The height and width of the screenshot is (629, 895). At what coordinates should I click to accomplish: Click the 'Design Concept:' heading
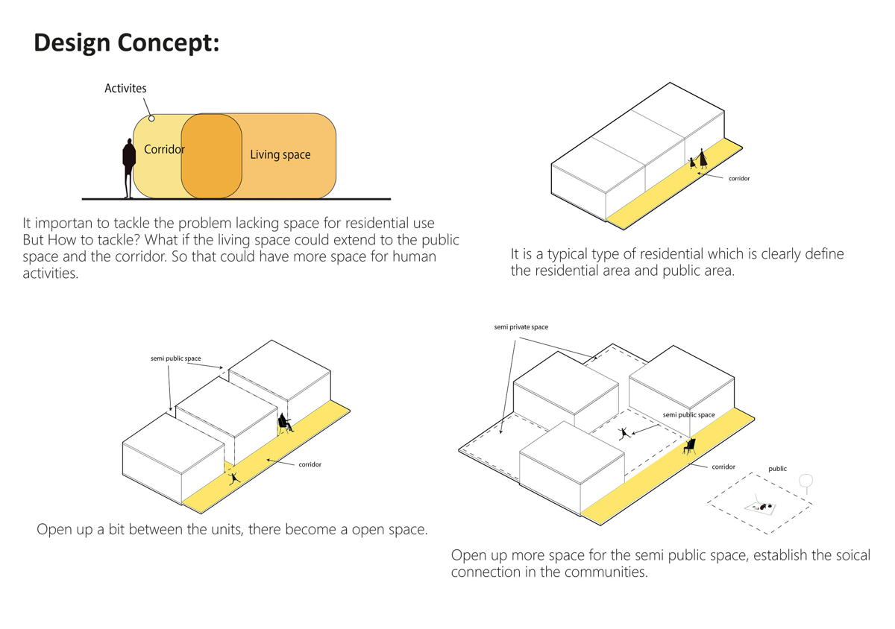pyautogui.click(x=127, y=43)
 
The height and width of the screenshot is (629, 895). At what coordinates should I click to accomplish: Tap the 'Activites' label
pyautogui.click(x=125, y=88)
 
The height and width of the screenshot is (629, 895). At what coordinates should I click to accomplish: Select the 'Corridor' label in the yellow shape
pyautogui.click(x=164, y=149)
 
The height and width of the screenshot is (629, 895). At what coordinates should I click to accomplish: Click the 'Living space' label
pyautogui.click(x=280, y=155)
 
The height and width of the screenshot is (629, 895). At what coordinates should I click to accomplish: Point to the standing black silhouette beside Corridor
pyautogui.click(x=129, y=168)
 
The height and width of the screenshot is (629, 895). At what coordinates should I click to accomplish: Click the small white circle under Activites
pyautogui.click(x=151, y=118)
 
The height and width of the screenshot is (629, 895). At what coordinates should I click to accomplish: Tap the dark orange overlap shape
pyautogui.click(x=212, y=157)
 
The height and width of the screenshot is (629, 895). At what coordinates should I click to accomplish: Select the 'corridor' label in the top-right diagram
pyautogui.click(x=738, y=179)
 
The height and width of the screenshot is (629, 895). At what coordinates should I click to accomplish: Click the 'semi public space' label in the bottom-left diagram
pyautogui.click(x=175, y=358)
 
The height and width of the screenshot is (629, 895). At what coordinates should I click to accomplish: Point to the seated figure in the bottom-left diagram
pyautogui.click(x=284, y=424)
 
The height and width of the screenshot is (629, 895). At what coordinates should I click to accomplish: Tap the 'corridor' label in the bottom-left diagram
pyautogui.click(x=310, y=464)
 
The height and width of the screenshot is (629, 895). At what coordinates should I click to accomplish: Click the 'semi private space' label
pyautogui.click(x=521, y=327)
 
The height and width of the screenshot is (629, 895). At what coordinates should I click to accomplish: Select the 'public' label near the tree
pyautogui.click(x=777, y=469)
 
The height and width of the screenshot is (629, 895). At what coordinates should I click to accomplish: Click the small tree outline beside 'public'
pyautogui.click(x=805, y=483)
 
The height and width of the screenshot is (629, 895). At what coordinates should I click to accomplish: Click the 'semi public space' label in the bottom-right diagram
pyautogui.click(x=688, y=415)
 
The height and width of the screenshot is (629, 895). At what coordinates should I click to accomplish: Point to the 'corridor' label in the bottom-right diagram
pyautogui.click(x=723, y=467)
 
